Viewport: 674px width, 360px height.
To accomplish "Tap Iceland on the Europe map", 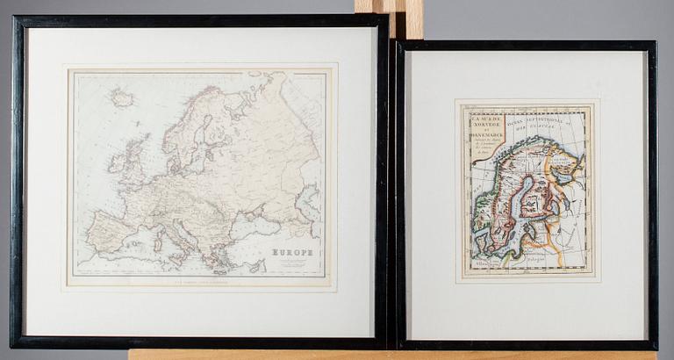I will [x=122, y=98].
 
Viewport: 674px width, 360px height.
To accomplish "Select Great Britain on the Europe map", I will [x=134, y=162].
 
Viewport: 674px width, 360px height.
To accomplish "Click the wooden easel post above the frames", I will [x=389, y=11].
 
